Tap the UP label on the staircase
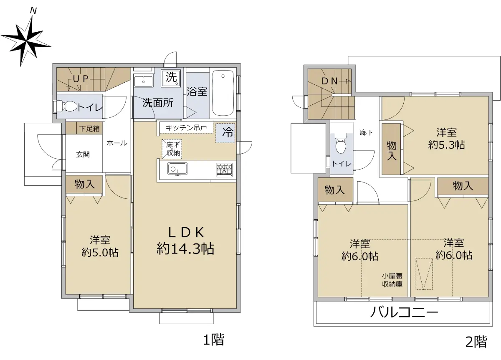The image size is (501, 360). [81, 79]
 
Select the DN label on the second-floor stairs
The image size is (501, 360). [329, 81]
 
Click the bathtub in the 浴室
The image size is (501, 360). [223, 93]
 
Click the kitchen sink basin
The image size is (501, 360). [177, 169]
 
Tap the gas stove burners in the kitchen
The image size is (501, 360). [224, 170]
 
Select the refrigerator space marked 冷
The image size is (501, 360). [225, 133]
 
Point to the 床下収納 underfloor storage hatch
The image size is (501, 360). [172, 149]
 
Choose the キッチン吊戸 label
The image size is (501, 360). [186, 128]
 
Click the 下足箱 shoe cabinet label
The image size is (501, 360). [89, 129]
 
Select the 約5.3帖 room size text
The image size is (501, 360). [446, 145]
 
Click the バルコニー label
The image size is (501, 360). [404, 312]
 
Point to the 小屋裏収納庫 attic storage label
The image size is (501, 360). [392, 280]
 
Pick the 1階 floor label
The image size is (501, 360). [214, 339]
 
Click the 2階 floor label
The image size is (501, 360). [476, 342]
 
